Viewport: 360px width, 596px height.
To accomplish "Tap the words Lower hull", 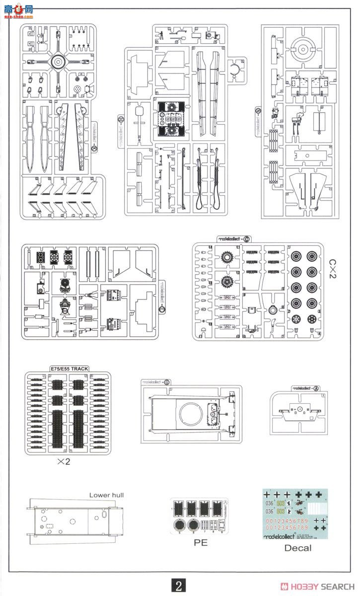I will pyautogui.click(x=107, y=495).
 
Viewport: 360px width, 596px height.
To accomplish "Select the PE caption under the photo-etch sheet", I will pyautogui.click(x=201, y=543).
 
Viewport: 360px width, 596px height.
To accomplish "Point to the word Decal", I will pyautogui.click(x=298, y=548).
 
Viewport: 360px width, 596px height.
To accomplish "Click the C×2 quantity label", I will pyautogui.click(x=332, y=269).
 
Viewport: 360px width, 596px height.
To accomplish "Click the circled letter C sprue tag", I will pyautogui.click(x=247, y=239).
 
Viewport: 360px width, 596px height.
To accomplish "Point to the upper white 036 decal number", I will pyautogui.click(x=269, y=502).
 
